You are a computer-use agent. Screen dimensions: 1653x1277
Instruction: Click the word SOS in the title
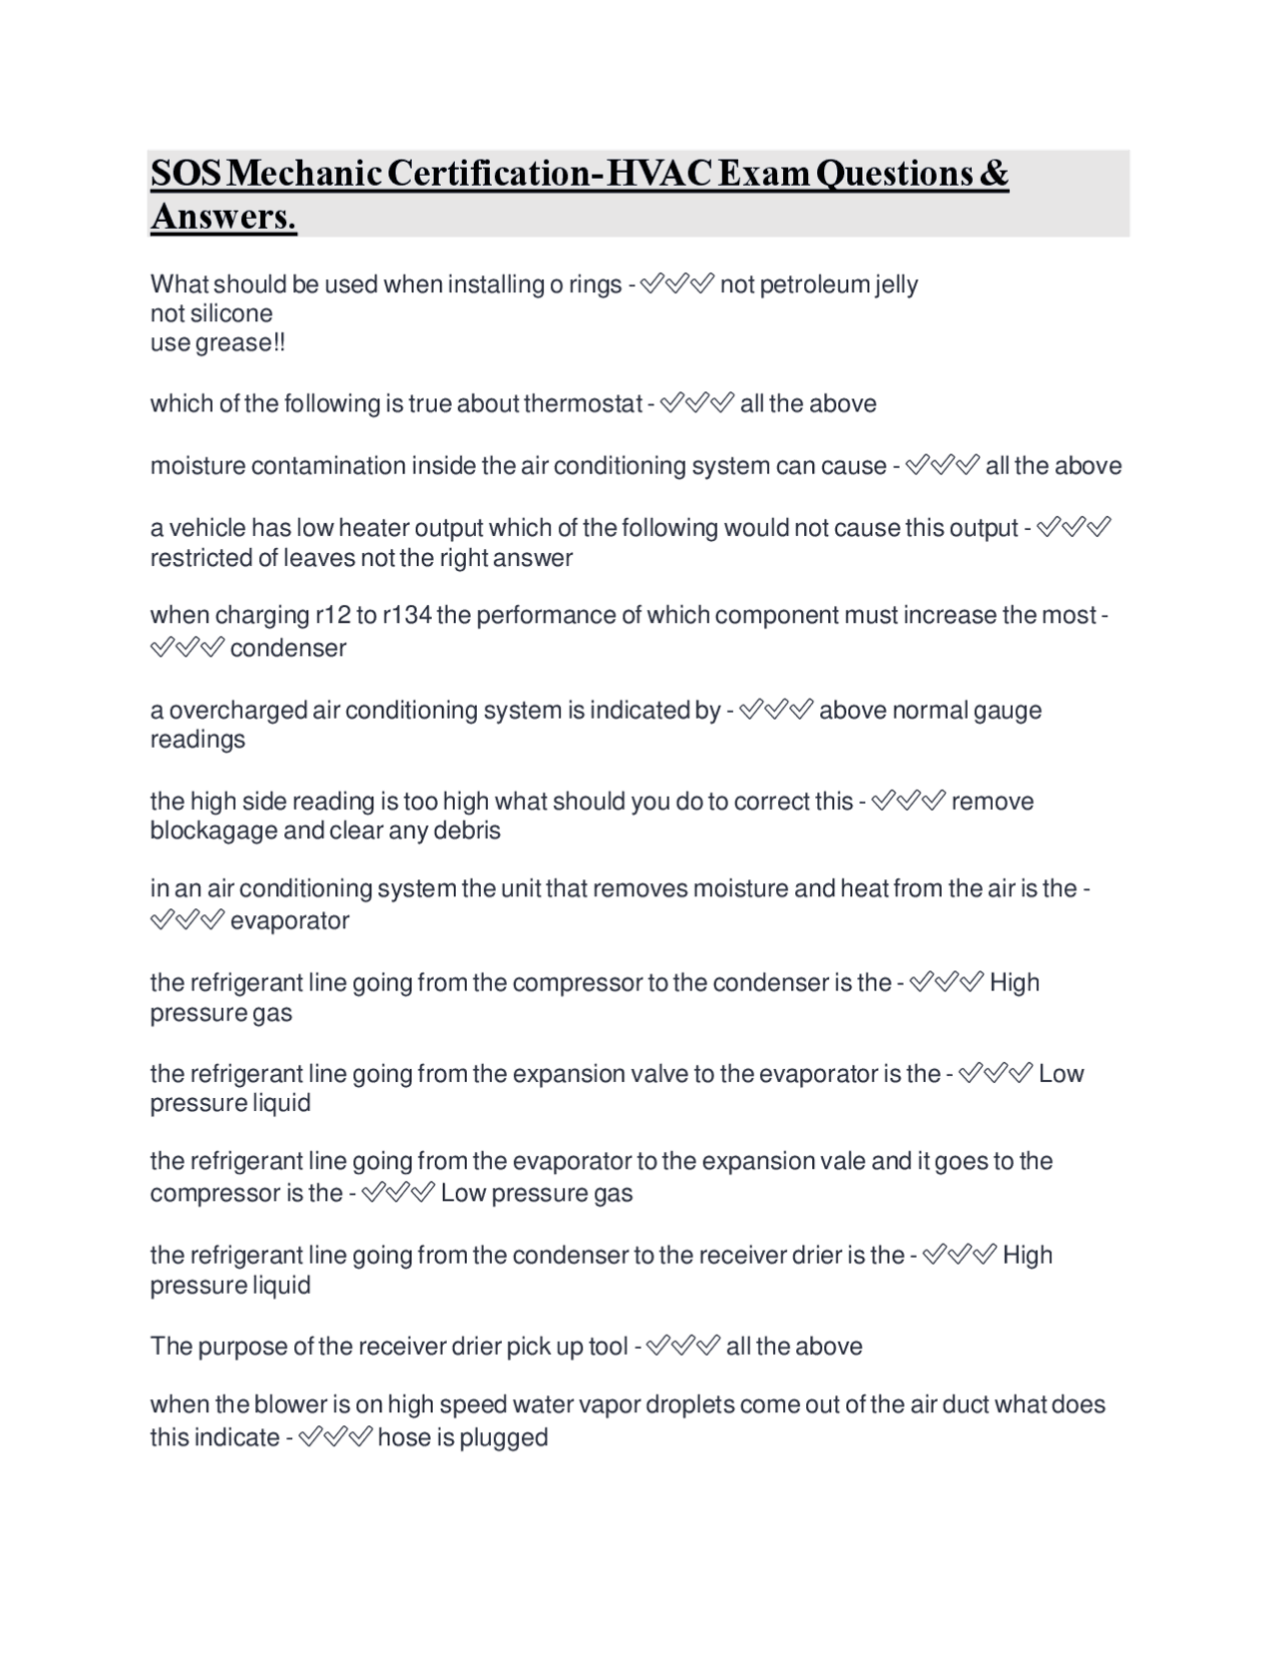[x=187, y=174]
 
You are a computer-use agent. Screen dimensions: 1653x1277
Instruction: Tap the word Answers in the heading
[x=223, y=217]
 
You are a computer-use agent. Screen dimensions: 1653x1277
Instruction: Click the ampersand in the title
[x=994, y=174]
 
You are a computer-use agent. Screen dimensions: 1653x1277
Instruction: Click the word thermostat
[x=583, y=404]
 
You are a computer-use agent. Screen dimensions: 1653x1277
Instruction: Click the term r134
[x=407, y=615]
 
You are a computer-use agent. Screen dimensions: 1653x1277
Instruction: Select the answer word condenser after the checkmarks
[x=288, y=648]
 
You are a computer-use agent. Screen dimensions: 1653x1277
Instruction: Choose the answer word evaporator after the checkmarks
[x=289, y=920]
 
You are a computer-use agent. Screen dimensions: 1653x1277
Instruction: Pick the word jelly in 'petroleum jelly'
[x=896, y=285]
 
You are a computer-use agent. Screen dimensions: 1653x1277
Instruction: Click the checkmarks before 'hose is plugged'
[x=335, y=1437]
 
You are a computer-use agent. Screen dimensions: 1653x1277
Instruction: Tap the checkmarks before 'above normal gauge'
[x=777, y=710]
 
